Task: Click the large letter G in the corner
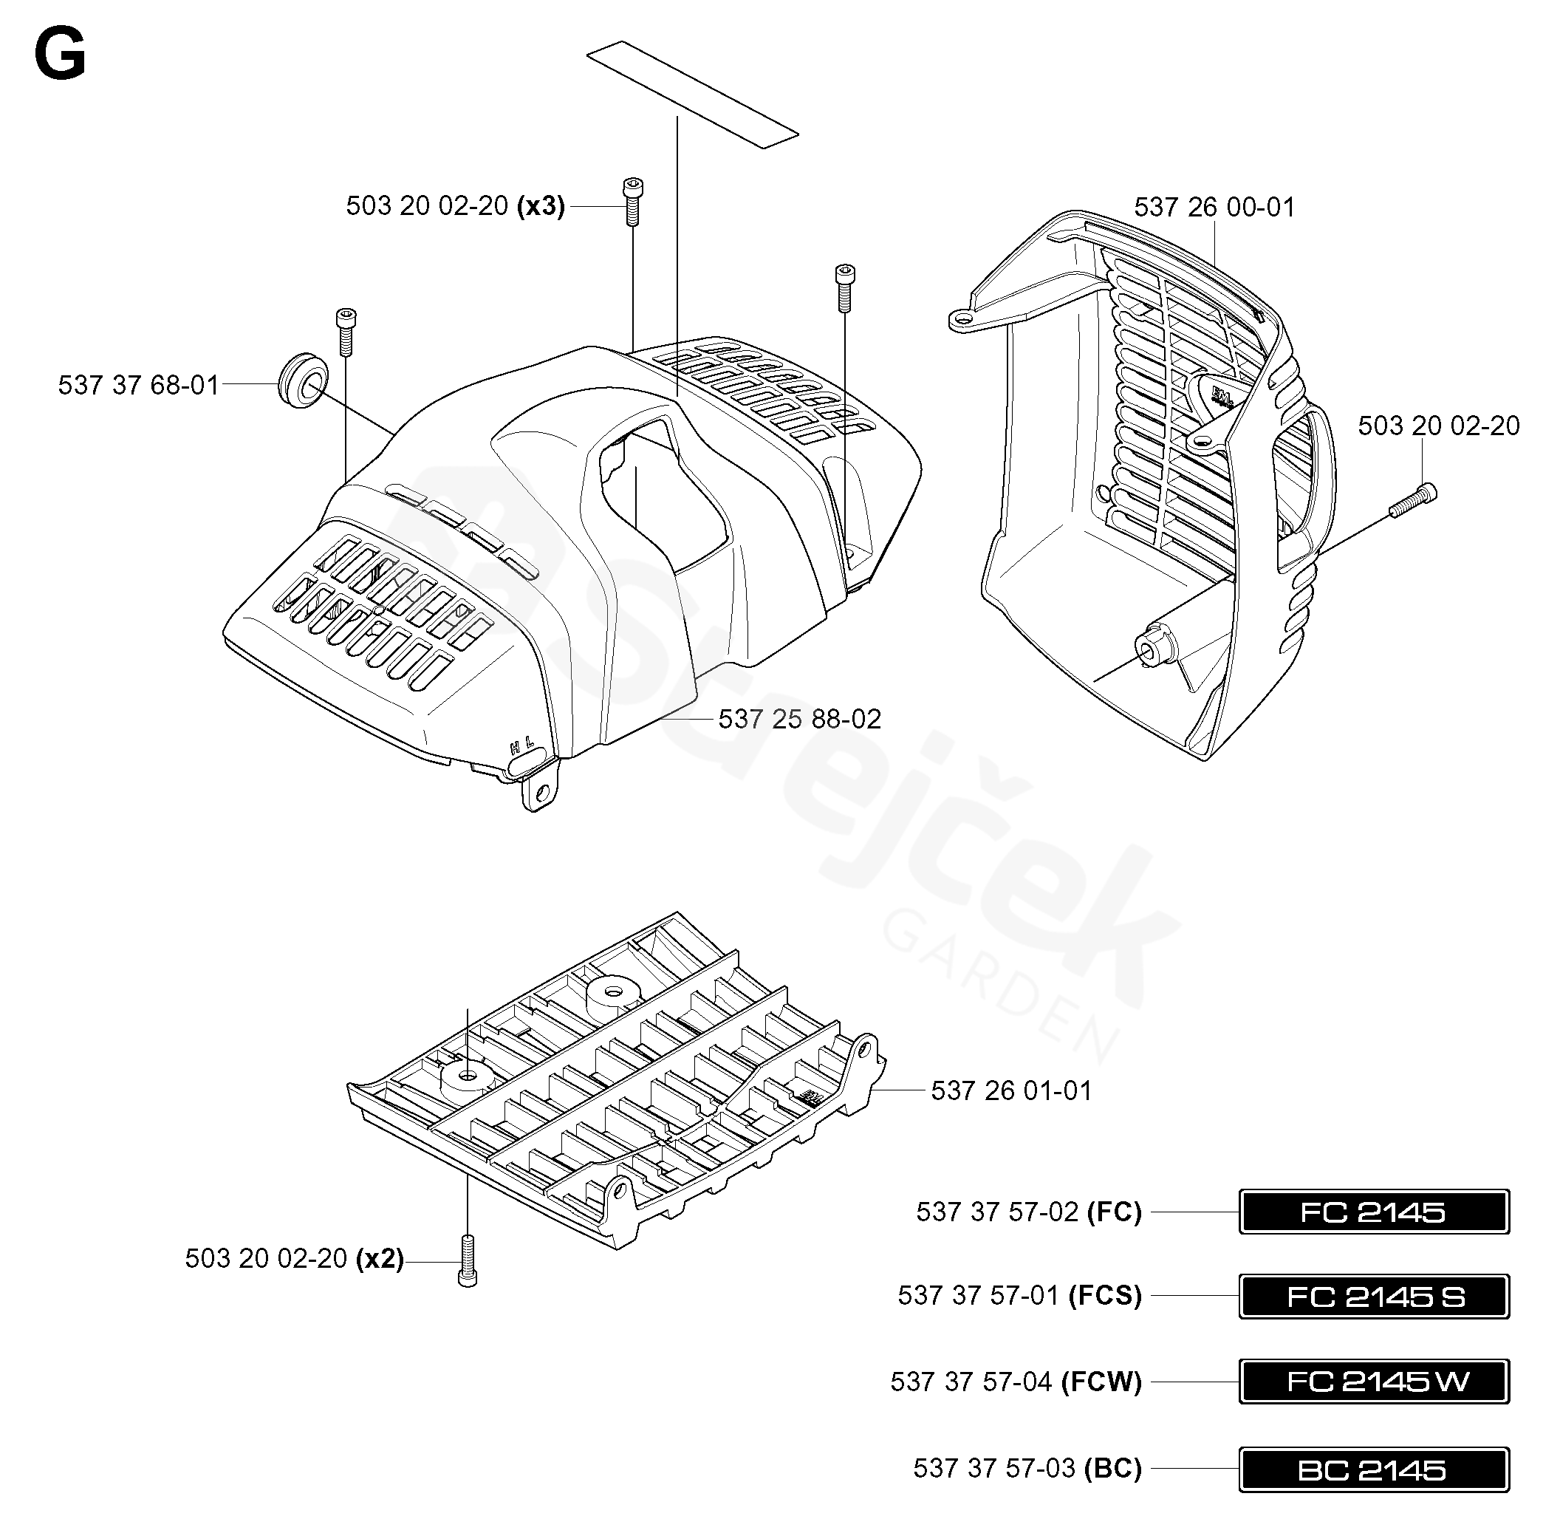point(61,55)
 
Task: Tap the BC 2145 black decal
point(1373,1469)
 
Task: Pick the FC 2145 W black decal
point(1373,1382)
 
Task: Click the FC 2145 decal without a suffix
point(1373,1211)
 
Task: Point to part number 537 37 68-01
point(138,385)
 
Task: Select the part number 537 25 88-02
point(799,718)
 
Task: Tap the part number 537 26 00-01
point(1214,207)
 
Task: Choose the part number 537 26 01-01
point(1011,1090)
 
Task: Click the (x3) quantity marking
point(541,206)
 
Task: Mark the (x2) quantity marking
point(380,1257)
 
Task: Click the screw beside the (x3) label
point(633,201)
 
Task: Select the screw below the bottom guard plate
point(467,1261)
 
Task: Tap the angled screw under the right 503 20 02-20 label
point(1413,501)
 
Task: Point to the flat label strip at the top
point(692,95)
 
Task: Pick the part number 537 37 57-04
point(971,1382)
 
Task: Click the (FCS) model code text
point(1105,1296)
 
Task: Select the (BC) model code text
point(1113,1469)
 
